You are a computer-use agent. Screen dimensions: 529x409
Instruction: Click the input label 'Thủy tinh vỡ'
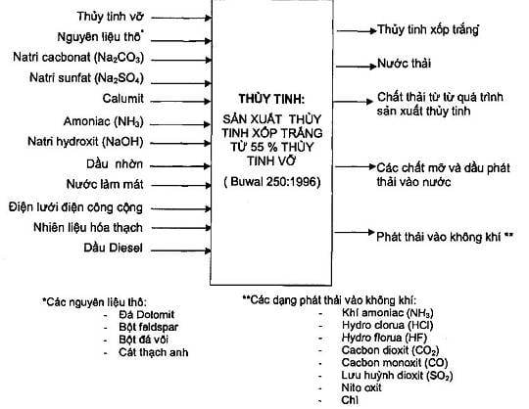click(x=111, y=17)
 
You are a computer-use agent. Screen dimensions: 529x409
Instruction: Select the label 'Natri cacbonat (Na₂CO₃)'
click(x=78, y=58)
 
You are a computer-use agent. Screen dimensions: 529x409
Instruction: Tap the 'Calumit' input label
click(x=123, y=99)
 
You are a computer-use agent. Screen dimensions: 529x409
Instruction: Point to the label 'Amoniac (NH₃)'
click(x=104, y=121)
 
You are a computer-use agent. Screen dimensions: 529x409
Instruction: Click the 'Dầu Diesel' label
click(x=113, y=248)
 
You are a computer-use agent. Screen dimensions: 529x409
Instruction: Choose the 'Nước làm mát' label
click(x=105, y=184)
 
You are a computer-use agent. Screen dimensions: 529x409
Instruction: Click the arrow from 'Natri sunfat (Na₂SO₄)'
click(x=181, y=83)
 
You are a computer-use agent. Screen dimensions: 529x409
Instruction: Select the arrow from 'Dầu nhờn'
click(x=180, y=165)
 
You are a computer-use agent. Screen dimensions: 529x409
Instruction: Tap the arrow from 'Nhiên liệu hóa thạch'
click(x=181, y=228)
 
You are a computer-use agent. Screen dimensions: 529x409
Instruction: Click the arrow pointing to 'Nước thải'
click(x=357, y=66)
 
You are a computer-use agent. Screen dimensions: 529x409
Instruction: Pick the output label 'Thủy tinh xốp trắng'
click(x=428, y=30)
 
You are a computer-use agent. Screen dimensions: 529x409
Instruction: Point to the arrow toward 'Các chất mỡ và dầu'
click(x=356, y=166)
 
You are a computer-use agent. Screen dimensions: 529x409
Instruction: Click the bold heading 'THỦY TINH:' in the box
click(x=271, y=99)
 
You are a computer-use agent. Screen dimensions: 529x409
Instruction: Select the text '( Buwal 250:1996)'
click(x=272, y=182)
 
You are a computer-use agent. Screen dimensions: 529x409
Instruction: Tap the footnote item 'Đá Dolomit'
click(x=146, y=315)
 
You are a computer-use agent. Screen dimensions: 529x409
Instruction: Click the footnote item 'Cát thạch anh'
click(x=154, y=352)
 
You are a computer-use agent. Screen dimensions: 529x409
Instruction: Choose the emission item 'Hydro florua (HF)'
click(x=384, y=338)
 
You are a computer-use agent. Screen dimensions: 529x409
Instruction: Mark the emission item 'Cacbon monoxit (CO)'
click(x=395, y=363)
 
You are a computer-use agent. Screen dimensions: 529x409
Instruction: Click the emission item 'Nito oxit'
click(x=361, y=387)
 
